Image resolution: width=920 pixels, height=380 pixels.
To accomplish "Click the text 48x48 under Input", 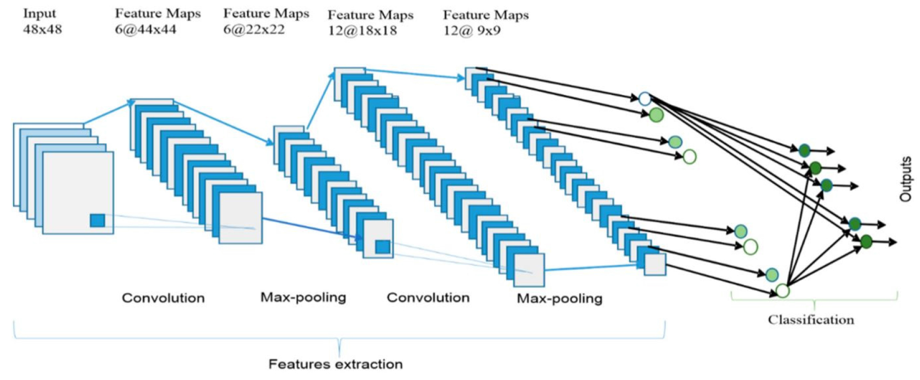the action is point(43,29).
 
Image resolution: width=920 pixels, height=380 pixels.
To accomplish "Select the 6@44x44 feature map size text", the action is point(146,29).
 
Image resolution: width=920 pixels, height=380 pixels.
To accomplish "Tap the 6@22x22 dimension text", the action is point(254,29).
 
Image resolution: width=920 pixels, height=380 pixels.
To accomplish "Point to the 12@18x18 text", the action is point(362,31).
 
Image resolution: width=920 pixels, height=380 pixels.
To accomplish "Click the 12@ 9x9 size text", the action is point(472,31).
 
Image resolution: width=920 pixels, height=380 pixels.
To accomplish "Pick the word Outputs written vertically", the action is point(905,179).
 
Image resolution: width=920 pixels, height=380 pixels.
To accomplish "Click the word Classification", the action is point(811,320).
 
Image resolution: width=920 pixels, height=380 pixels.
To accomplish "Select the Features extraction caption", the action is point(336,364).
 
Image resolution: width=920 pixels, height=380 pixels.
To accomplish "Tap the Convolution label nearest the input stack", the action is point(163,298).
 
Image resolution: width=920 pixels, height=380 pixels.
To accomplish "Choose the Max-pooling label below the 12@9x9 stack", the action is point(560,299).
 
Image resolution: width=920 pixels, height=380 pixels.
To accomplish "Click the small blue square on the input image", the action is point(98,220).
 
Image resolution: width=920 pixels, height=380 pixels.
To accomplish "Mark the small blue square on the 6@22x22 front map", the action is point(383,247).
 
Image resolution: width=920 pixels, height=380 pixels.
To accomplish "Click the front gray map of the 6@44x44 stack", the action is point(241,218).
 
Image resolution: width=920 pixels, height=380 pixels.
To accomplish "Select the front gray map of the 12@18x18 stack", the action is point(529,270).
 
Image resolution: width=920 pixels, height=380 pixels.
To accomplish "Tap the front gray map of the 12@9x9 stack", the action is point(655,265).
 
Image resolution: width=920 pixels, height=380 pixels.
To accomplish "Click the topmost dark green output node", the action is point(804,151).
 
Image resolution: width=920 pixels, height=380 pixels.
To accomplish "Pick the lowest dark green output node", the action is point(866,241).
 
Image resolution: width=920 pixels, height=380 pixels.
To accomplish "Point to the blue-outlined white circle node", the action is point(645,98).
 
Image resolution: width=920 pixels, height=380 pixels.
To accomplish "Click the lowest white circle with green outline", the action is point(782,290).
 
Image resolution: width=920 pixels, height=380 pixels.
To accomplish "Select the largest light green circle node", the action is point(656,115).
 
